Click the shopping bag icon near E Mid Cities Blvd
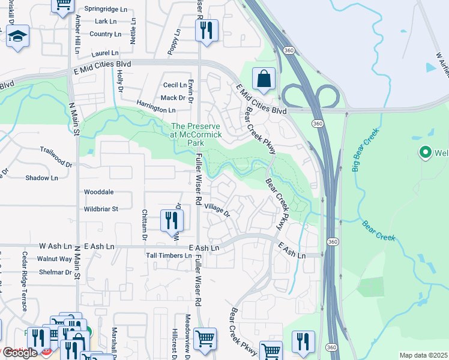point(264,78)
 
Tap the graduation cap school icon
point(18,35)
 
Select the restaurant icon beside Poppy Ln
point(206,29)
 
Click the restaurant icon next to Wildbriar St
point(172,221)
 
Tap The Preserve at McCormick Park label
point(196,135)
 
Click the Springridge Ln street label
point(107,9)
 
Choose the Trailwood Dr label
point(56,149)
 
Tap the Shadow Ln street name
point(41,178)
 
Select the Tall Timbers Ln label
point(169,256)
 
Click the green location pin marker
point(426,153)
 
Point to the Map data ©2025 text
point(423,355)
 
